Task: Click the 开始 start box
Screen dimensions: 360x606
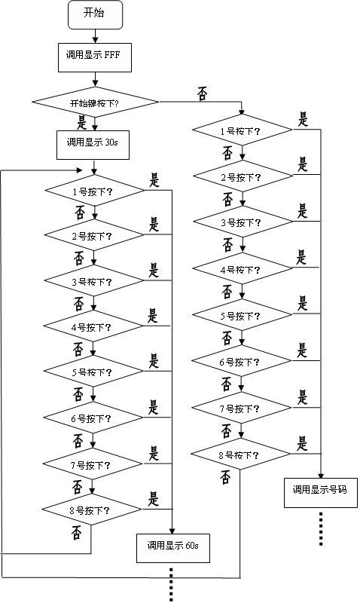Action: pyautogui.click(x=95, y=14)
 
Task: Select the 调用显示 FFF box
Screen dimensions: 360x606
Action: pyautogui.click(x=95, y=57)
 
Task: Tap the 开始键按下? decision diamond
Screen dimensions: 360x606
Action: pyautogui.click(x=95, y=103)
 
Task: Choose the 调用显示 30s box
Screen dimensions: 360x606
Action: pyautogui.click(x=93, y=145)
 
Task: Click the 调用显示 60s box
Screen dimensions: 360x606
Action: pyautogui.click(x=173, y=548)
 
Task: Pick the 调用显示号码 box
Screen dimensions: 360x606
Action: pyautogui.click(x=321, y=493)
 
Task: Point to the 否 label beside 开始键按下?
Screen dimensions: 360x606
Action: pyautogui.click(x=203, y=94)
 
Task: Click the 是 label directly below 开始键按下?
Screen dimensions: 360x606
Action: pyautogui.click(x=81, y=124)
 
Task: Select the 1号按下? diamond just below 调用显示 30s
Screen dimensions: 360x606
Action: pyautogui.click(x=95, y=190)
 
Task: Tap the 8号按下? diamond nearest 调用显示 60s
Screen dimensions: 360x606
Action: pyautogui.click(x=92, y=509)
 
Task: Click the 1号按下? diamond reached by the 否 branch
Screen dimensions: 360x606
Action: pyautogui.click(x=243, y=130)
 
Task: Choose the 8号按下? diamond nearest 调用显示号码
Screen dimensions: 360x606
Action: pyautogui.click(x=240, y=454)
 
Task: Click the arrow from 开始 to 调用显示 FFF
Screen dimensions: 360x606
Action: pyautogui.click(x=95, y=36)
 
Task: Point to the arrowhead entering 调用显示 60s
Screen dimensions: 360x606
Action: pyautogui.click(x=172, y=531)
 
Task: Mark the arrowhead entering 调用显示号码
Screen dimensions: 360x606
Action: pyautogui.click(x=321, y=475)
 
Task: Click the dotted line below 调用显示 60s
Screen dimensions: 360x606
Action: pyautogui.click(x=172, y=584)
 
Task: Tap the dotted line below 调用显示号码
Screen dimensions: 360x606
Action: pyautogui.click(x=321, y=528)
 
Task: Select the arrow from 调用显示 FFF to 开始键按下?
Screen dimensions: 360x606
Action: pyautogui.click(x=95, y=80)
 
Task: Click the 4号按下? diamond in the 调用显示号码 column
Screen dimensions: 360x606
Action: pyautogui.click(x=242, y=268)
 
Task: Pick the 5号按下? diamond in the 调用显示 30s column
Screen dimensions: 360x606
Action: pyautogui.click(x=93, y=371)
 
